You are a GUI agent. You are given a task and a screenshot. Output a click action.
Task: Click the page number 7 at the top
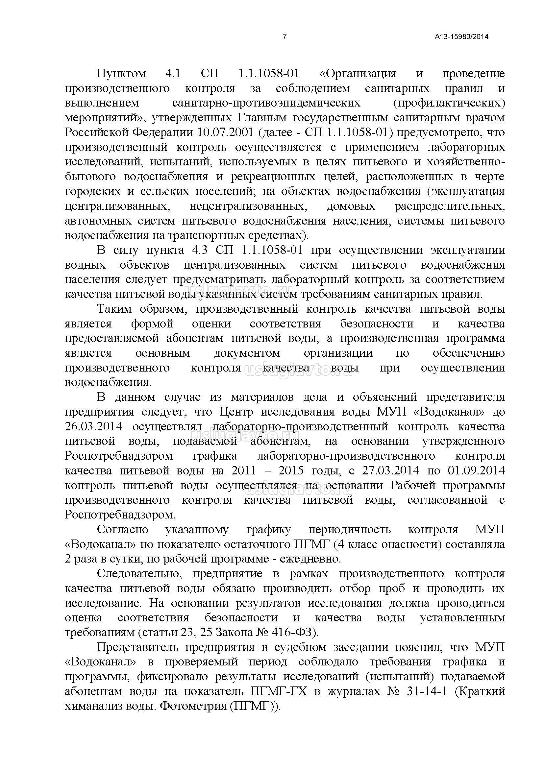(285, 37)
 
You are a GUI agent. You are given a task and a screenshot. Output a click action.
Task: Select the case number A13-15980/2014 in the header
(461, 37)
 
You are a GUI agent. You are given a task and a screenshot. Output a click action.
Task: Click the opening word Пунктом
(121, 74)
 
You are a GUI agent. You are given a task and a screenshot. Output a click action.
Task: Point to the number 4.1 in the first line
(173, 74)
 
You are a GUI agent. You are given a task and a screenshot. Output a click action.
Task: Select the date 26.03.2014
(93, 427)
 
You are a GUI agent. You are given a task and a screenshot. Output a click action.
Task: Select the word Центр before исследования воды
(237, 412)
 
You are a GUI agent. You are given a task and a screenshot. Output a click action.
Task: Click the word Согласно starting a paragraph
(123, 530)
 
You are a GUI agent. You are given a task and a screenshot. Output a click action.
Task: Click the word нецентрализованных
(248, 206)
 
